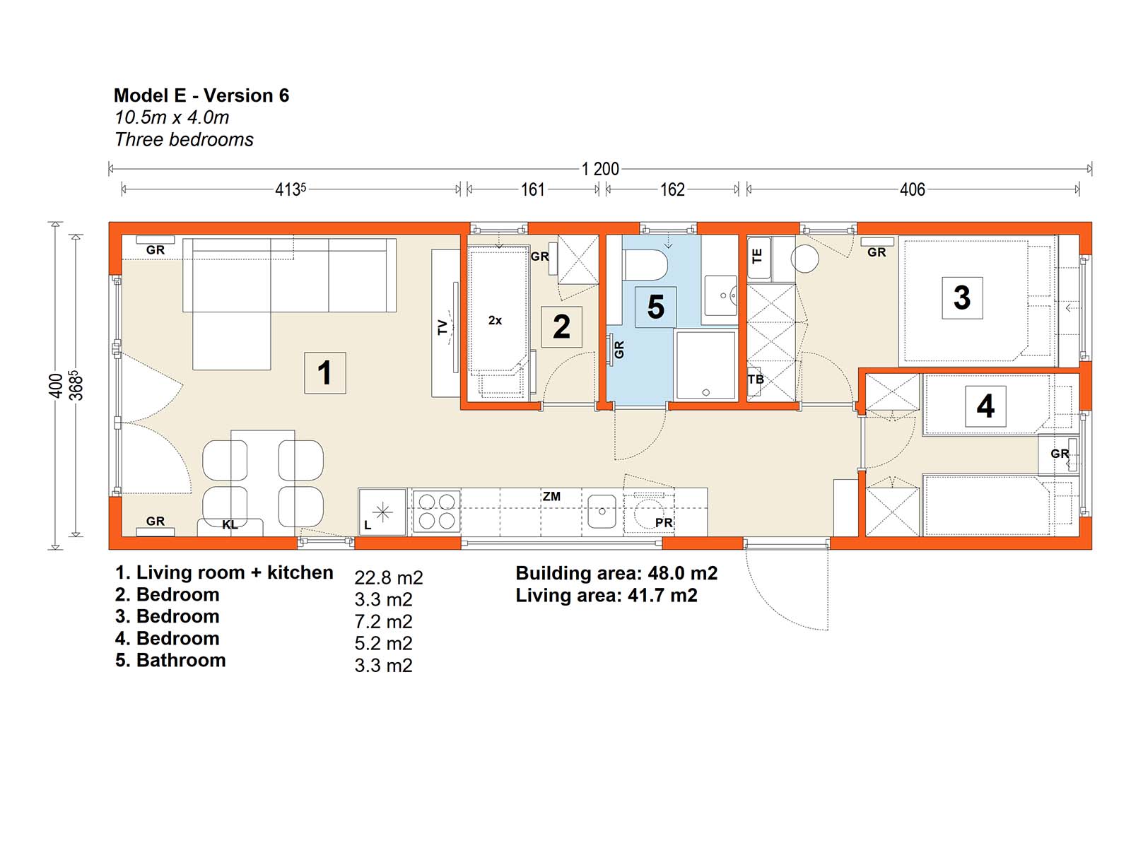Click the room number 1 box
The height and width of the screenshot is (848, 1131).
tap(324, 373)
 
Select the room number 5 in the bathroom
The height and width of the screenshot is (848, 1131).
tap(655, 307)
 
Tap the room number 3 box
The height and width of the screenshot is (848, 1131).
tap(961, 298)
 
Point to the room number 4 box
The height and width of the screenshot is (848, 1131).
tap(985, 406)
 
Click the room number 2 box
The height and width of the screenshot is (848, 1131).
tap(561, 327)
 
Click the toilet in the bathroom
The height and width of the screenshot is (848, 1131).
tap(645, 265)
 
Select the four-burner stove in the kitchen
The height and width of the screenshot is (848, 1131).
tap(436, 512)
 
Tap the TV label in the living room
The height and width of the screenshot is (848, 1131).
tap(442, 327)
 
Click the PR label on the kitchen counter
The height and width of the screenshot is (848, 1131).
tap(664, 523)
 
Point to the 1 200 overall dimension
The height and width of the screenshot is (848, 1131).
tap(599, 169)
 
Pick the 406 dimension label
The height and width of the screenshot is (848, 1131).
tap(912, 190)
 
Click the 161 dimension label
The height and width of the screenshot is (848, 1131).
tap(532, 190)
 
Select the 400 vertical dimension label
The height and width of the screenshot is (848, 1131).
tap(56, 386)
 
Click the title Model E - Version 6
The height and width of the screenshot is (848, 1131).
tap(201, 95)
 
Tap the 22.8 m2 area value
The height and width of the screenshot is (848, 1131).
tap(389, 577)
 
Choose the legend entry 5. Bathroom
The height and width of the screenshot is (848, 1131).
tap(170, 660)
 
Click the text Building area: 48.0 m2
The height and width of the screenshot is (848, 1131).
tap(616, 573)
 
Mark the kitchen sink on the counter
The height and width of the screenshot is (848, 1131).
tap(602, 511)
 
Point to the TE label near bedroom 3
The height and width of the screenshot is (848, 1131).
tap(757, 256)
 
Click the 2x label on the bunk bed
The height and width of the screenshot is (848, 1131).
tap(495, 320)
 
